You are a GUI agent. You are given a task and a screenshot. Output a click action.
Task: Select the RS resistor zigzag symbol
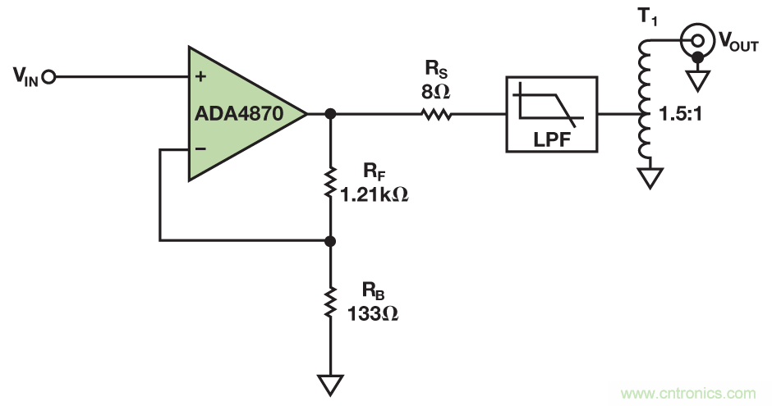(x=437, y=114)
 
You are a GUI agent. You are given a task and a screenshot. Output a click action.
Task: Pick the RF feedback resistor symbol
(x=330, y=184)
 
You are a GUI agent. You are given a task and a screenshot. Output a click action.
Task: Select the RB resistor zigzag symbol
(x=330, y=303)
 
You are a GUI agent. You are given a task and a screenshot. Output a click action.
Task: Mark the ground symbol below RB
(x=330, y=383)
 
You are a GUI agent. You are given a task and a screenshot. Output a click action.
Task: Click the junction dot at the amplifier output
(x=330, y=114)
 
